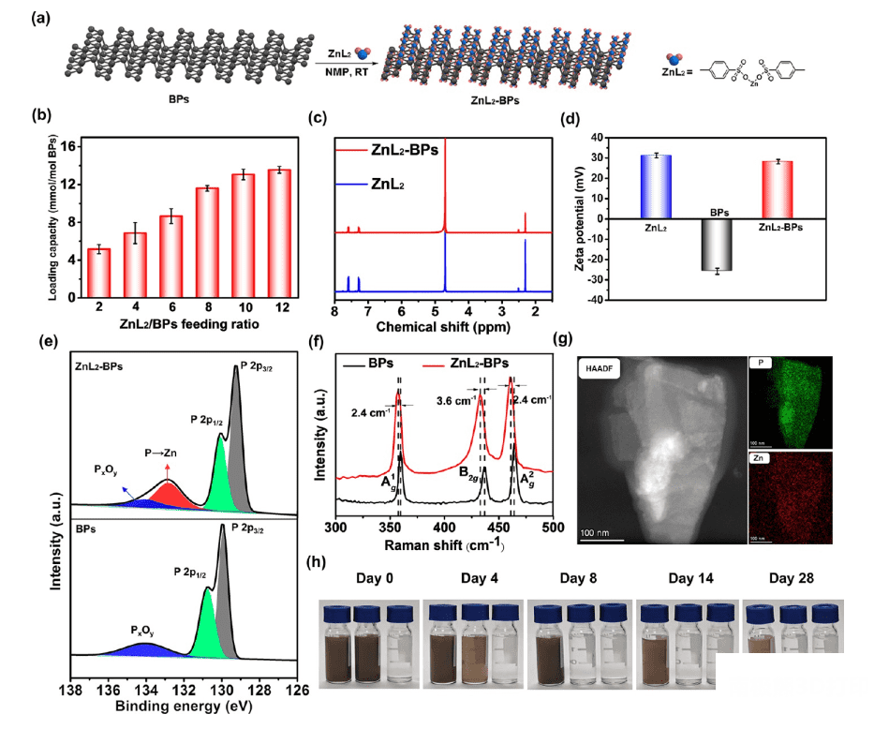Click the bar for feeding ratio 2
(98, 270)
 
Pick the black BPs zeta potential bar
(717, 245)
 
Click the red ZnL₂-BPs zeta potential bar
(778, 189)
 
